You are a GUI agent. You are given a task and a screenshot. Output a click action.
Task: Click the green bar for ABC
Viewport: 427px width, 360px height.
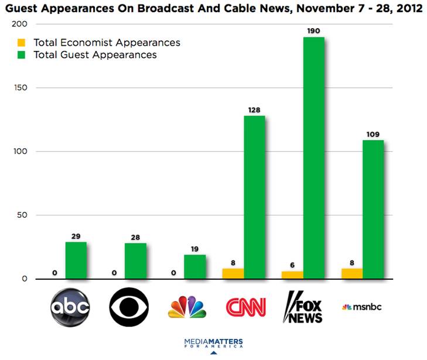[x=76, y=260]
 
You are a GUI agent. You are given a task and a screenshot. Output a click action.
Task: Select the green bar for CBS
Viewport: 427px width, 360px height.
[x=135, y=261]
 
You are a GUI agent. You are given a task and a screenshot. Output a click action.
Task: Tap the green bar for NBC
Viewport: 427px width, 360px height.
[x=194, y=267]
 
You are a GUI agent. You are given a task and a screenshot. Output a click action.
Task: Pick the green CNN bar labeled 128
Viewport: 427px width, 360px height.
[x=254, y=197]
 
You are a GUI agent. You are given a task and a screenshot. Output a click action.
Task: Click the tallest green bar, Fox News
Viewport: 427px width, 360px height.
[x=313, y=158]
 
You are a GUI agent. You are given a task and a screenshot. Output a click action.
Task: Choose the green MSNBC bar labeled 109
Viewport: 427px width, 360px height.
[x=373, y=210]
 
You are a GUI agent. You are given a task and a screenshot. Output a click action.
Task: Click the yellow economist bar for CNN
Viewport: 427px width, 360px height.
[x=233, y=273]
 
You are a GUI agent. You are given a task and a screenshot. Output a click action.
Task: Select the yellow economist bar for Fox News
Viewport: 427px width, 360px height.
[x=292, y=275]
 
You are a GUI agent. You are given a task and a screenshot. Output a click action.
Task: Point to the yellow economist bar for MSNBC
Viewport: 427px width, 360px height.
[x=351, y=273]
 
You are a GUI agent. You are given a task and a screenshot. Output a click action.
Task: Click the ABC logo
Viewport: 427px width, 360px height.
[x=70, y=307]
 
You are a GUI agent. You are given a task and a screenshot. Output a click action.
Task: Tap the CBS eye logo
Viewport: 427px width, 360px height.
[x=129, y=307]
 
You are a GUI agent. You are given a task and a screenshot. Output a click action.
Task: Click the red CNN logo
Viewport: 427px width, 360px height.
[x=246, y=307]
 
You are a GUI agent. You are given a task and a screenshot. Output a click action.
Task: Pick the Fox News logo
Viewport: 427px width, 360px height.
[x=303, y=307]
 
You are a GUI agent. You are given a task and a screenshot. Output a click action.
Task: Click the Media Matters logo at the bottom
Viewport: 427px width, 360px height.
[x=213, y=343]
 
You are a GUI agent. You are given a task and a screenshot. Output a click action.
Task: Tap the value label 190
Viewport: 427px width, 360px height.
[x=313, y=30]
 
